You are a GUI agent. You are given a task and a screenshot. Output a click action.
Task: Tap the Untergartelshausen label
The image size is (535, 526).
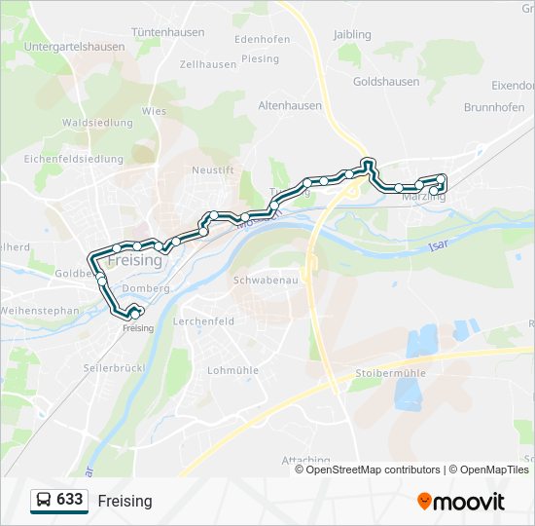[74, 46]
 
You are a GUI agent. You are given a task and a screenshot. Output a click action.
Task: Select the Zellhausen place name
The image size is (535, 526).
[208, 64]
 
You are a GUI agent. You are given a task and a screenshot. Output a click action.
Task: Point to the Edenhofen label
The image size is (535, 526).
[263, 40]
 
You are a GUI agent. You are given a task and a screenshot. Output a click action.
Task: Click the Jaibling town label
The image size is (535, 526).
[352, 35]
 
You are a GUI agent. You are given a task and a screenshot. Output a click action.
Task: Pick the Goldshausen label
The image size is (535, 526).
[385, 83]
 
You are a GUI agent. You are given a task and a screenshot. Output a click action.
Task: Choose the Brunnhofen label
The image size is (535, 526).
[495, 108]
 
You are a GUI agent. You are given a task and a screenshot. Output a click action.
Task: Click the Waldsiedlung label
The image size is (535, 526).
[97, 123]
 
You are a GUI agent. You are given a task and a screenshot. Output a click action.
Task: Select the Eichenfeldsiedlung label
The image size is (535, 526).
[74, 159]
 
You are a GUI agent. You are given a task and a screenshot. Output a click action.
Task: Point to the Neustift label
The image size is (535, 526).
[213, 169]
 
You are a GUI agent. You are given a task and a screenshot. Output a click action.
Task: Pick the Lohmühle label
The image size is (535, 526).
[232, 370]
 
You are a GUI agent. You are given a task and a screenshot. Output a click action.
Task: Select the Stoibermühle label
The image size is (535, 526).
[392, 373]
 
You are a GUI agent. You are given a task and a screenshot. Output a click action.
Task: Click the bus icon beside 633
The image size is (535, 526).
[44, 501]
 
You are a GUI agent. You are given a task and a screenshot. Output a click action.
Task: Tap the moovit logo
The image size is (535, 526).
[461, 502]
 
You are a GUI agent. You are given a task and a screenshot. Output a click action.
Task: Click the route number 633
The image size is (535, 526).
[70, 500]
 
